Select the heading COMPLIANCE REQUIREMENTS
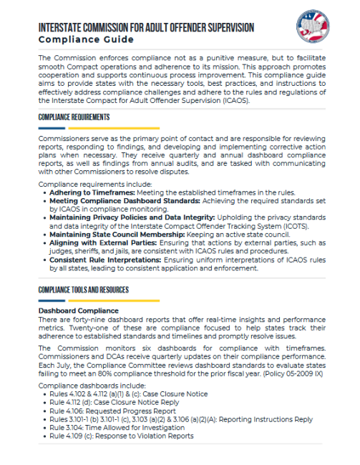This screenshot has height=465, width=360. point(74,117)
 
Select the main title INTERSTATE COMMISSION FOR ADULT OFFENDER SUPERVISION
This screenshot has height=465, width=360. point(147,27)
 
